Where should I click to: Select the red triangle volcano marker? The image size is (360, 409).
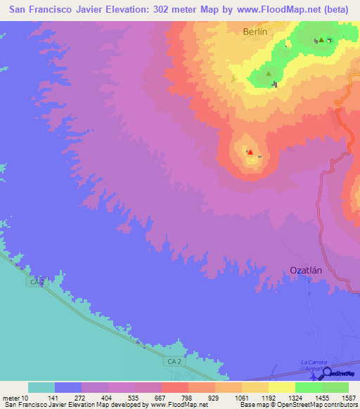tap(250, 152)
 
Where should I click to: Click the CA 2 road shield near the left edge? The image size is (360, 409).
tap(37, 282)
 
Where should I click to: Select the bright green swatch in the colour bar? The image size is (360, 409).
tap(308, 387)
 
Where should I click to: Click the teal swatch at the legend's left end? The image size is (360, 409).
tap(41, 387)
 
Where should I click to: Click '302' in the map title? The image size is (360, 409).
tap(173, 11)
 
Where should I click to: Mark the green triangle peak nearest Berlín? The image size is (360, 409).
tap(268, 72)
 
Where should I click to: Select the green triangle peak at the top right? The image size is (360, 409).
tap(321, 40)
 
